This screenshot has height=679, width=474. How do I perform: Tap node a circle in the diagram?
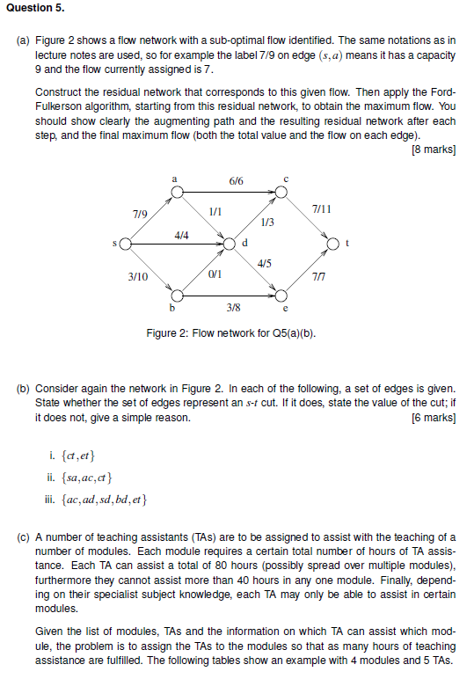point(177,190)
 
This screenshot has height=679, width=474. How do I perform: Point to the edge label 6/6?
point(236,180)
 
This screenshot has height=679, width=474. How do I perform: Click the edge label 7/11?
point(322,208)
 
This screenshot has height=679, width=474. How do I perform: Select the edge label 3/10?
point(137,276)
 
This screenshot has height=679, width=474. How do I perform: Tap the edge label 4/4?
point(182,235)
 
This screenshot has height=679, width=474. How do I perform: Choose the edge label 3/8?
point(233,307)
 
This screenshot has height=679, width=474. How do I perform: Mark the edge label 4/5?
point(265,263)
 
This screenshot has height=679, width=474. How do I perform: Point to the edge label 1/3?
point(268,222)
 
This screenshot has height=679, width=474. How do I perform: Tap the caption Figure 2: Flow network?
point(230,333)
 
